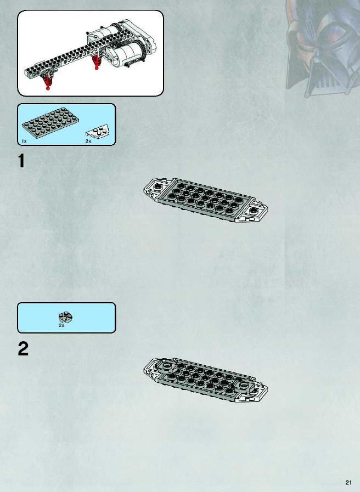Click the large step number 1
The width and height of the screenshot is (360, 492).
click(21, 161)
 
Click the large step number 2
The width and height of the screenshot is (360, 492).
click(23, 349)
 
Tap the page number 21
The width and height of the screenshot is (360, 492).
click(348, 483)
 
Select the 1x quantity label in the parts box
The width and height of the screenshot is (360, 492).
click(25, 142)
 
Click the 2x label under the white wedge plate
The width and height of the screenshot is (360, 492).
click(88, 142)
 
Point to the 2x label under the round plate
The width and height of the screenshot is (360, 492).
click(61, 325)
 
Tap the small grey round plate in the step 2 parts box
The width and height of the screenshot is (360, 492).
click(66, 317)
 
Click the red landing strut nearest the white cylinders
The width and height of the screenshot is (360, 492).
click(96, 63)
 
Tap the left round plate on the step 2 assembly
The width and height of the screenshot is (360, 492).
click(167, 366)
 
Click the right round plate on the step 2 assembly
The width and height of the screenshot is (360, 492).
click(243, 385)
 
